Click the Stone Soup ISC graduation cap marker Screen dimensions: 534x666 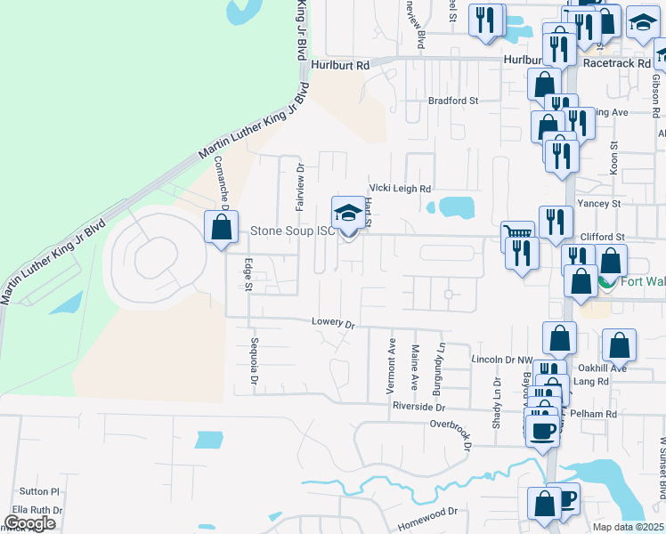[347, 213]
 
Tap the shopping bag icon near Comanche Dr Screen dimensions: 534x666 [221, 227]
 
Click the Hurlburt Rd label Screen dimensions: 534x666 [340, 65]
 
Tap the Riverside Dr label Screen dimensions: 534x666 [418, 406]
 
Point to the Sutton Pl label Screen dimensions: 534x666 [39, 490]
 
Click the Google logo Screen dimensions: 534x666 [29, 523]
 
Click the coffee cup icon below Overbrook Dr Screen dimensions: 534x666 [541, 431]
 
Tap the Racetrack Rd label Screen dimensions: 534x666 [617, 64]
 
